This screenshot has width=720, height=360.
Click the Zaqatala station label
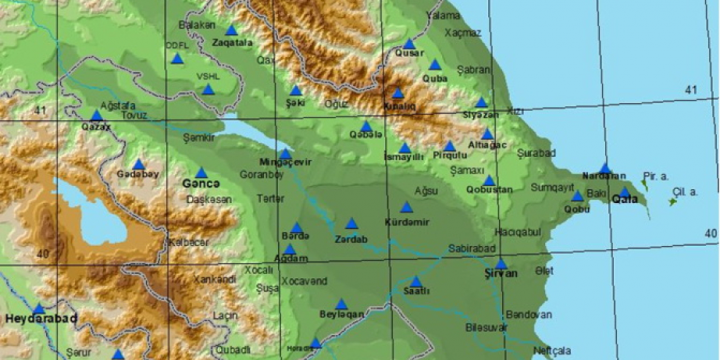click(232, 43)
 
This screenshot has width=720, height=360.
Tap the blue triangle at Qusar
click(409, 44)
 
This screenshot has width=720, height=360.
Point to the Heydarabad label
click(41, 319)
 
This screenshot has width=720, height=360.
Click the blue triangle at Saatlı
click(415, 281)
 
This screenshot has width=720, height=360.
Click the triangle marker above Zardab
click(351, 224)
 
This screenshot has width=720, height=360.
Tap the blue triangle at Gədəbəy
click(138, 163)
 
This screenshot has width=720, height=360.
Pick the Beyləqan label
click(340, 315)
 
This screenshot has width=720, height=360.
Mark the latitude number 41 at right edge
click(689, 91)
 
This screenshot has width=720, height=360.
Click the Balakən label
click(197, 24)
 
